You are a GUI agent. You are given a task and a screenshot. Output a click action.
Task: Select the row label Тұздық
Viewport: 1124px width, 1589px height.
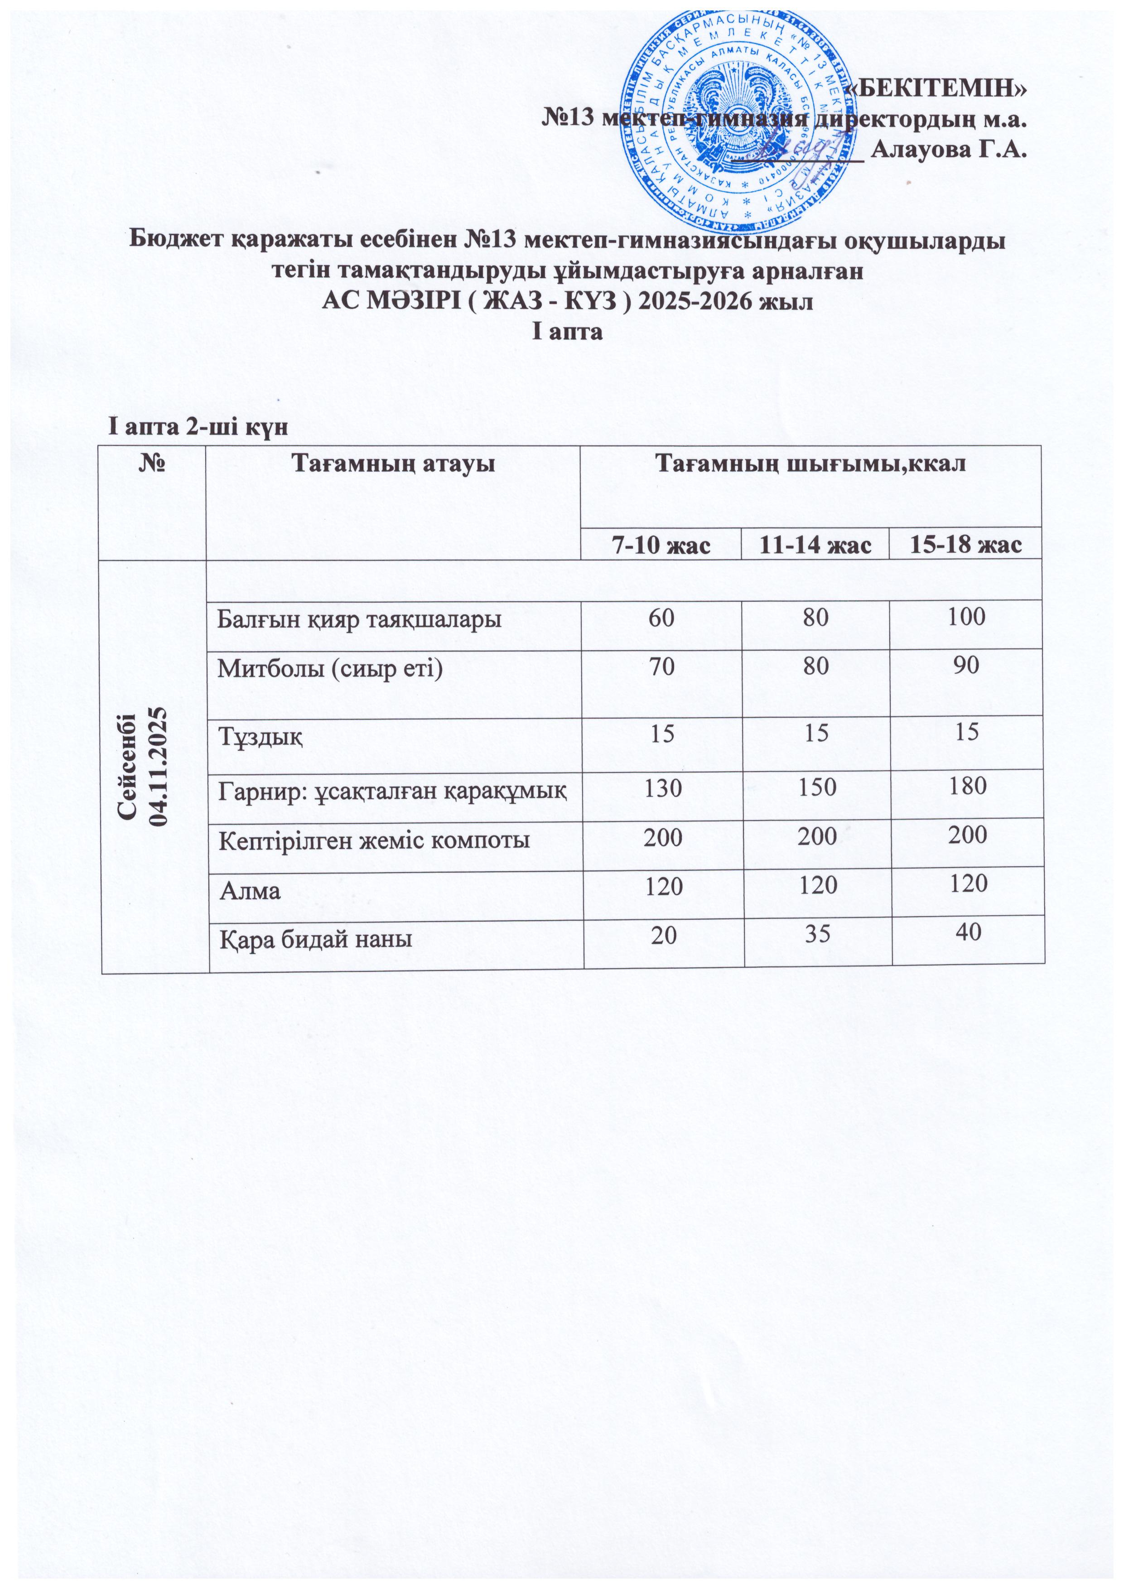260,735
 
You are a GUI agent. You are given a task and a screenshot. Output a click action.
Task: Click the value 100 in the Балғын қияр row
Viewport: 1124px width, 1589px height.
967,617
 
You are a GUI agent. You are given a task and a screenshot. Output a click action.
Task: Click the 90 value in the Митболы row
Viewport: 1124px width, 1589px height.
967,665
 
